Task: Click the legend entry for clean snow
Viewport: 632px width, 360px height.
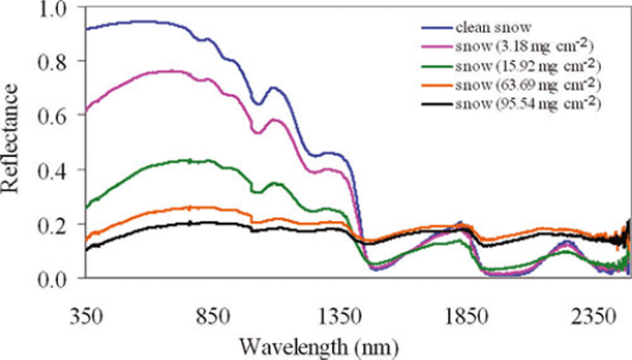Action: coord(493,28)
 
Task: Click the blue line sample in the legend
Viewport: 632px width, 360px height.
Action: coord(437,28)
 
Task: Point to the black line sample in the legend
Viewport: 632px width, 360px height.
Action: coord(437,104)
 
